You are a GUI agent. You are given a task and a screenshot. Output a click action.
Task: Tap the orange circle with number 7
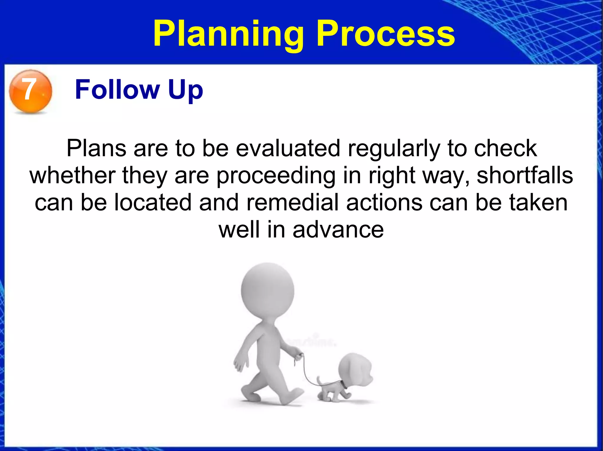30,91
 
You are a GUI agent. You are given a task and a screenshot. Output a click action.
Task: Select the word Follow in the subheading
117,90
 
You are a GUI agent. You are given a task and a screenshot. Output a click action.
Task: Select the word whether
72,176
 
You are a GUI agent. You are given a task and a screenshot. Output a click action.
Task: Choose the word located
153,203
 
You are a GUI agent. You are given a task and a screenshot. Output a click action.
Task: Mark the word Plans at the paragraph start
96,148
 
